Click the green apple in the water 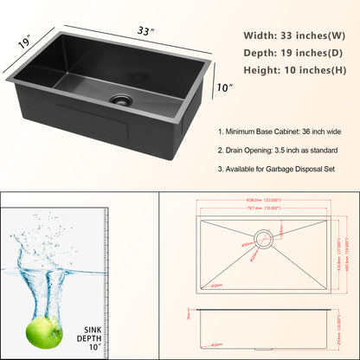tap(43, 326)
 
